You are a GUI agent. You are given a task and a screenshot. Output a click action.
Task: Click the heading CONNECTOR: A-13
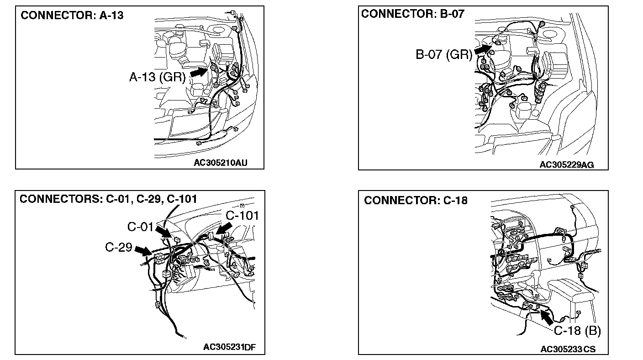[x=72, y=16]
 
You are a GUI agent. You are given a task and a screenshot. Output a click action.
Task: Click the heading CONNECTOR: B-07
[x=413, y=14]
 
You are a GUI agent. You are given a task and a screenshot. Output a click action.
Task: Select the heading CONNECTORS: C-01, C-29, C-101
[x=108, y=199]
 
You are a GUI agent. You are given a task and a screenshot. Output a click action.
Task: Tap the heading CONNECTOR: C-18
[x=416, y=201]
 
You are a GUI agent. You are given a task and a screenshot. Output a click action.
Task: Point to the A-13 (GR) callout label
[x=158, y=78]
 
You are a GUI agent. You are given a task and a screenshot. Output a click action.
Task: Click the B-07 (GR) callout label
[x=443, y=55]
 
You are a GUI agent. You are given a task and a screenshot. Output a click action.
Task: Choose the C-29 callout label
[x=119, y=247]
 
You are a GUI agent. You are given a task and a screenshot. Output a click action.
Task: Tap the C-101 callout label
[x=242, y=216]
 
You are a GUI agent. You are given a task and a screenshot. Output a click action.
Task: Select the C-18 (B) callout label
[x=578, y=331]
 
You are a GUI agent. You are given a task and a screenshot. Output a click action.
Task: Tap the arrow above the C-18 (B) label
[x=548, y=316]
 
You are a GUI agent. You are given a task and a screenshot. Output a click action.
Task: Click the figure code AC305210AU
[x=223, y=162]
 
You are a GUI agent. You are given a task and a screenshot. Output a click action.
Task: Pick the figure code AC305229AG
[x=567, y=164]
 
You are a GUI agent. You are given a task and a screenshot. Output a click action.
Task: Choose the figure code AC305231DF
[x=229, y=347]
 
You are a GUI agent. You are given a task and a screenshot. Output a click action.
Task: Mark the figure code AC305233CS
[x=568, y=349]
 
